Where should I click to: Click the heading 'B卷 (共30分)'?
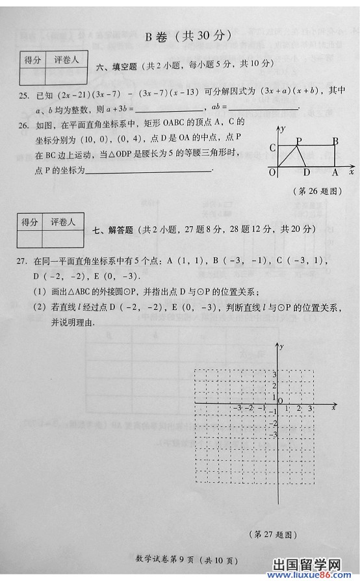[x=188, y=36]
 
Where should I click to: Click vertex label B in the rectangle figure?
[x=335, y=141]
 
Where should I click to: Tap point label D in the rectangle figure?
[x=307, y=173]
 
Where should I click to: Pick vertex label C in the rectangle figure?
[x=273, y=148]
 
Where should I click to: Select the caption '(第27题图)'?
[x=273, y=534]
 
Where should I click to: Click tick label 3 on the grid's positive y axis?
[x=275, y=375]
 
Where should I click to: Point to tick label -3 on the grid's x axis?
[x=238, y=408]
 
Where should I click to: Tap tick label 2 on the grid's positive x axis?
[x=298, y=408]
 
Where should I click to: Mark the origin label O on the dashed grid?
[x=280, y=400]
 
